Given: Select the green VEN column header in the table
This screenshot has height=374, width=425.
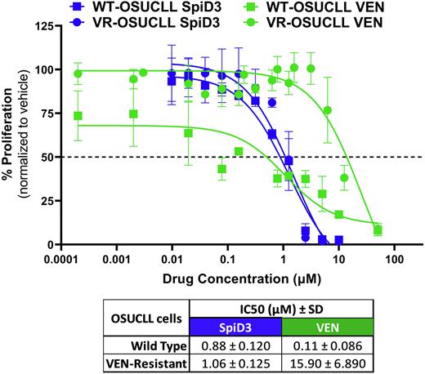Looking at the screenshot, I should (328, 327).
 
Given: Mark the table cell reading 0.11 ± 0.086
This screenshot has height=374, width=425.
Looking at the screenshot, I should (328, 345).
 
